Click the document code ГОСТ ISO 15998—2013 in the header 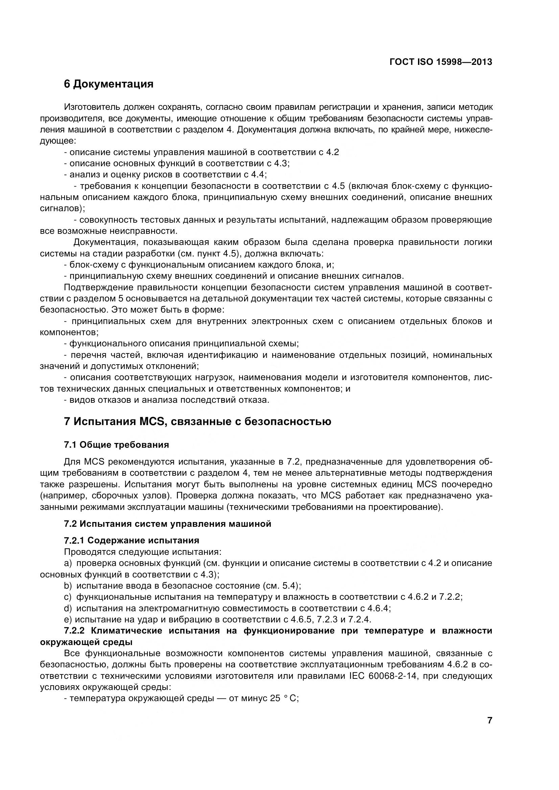441,62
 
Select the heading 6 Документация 109,83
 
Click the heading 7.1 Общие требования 116,445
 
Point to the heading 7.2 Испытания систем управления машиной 167,524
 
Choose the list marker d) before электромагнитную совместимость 68,608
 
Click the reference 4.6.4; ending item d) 379,608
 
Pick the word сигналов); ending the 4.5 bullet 62,208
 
